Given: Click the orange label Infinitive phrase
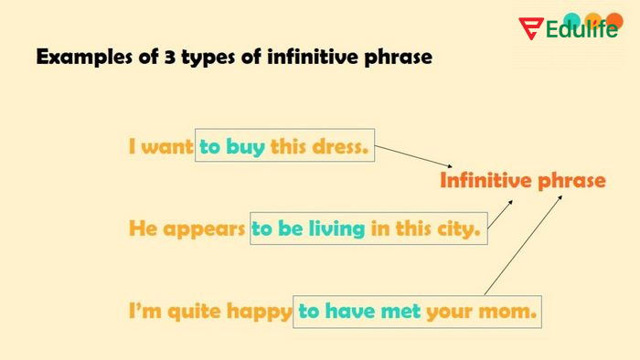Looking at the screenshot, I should coord(522,180).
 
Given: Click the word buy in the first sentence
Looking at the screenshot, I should coord(244,146).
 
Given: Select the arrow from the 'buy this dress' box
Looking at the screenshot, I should coord(407,157).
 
